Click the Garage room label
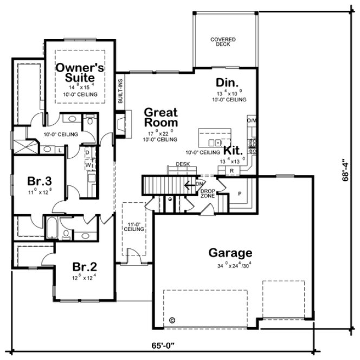pos(229,253)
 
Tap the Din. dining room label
pos(228,82)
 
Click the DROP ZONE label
pos(208,194)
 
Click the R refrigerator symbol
pos(232,170)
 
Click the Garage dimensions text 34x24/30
pos(229,265)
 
